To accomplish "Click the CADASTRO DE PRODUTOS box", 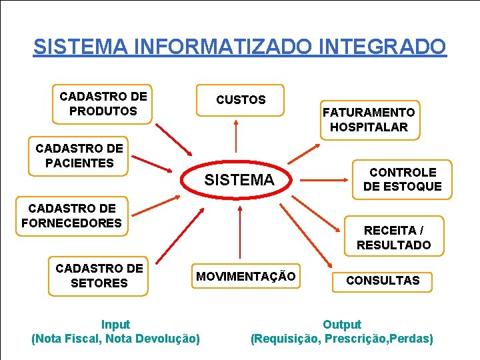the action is [x=103, y=104].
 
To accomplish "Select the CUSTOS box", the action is [x=240, y=100].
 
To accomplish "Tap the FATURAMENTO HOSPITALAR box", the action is [x=369, y=120].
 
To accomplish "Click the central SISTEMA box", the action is [x=239, y=180].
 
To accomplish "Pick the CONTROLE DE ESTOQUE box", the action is [x=402, y=179].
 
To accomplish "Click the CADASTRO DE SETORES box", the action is [x=99, y=276].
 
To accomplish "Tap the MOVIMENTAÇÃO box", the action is [x=245, y=276].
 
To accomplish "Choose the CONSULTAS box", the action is [x=383, y=281].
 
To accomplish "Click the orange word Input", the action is [x=115, y=325].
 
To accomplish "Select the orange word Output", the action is [x=341, y=325].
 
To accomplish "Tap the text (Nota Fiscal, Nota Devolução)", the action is [x=115, y=339].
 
